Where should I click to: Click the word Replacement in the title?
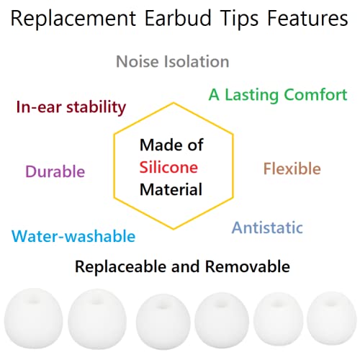click(x=73, y=19)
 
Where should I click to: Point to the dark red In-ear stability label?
click(x=71, y=108)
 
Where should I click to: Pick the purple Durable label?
click(x=55, y=171)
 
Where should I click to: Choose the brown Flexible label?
click(x=292, y=168)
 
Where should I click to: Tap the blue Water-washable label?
click(x=73, y=235)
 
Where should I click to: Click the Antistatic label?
click(x=267, y=228)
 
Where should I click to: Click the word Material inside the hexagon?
click(x=171, y=189)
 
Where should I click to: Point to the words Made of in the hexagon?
click(x=171, y=145)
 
